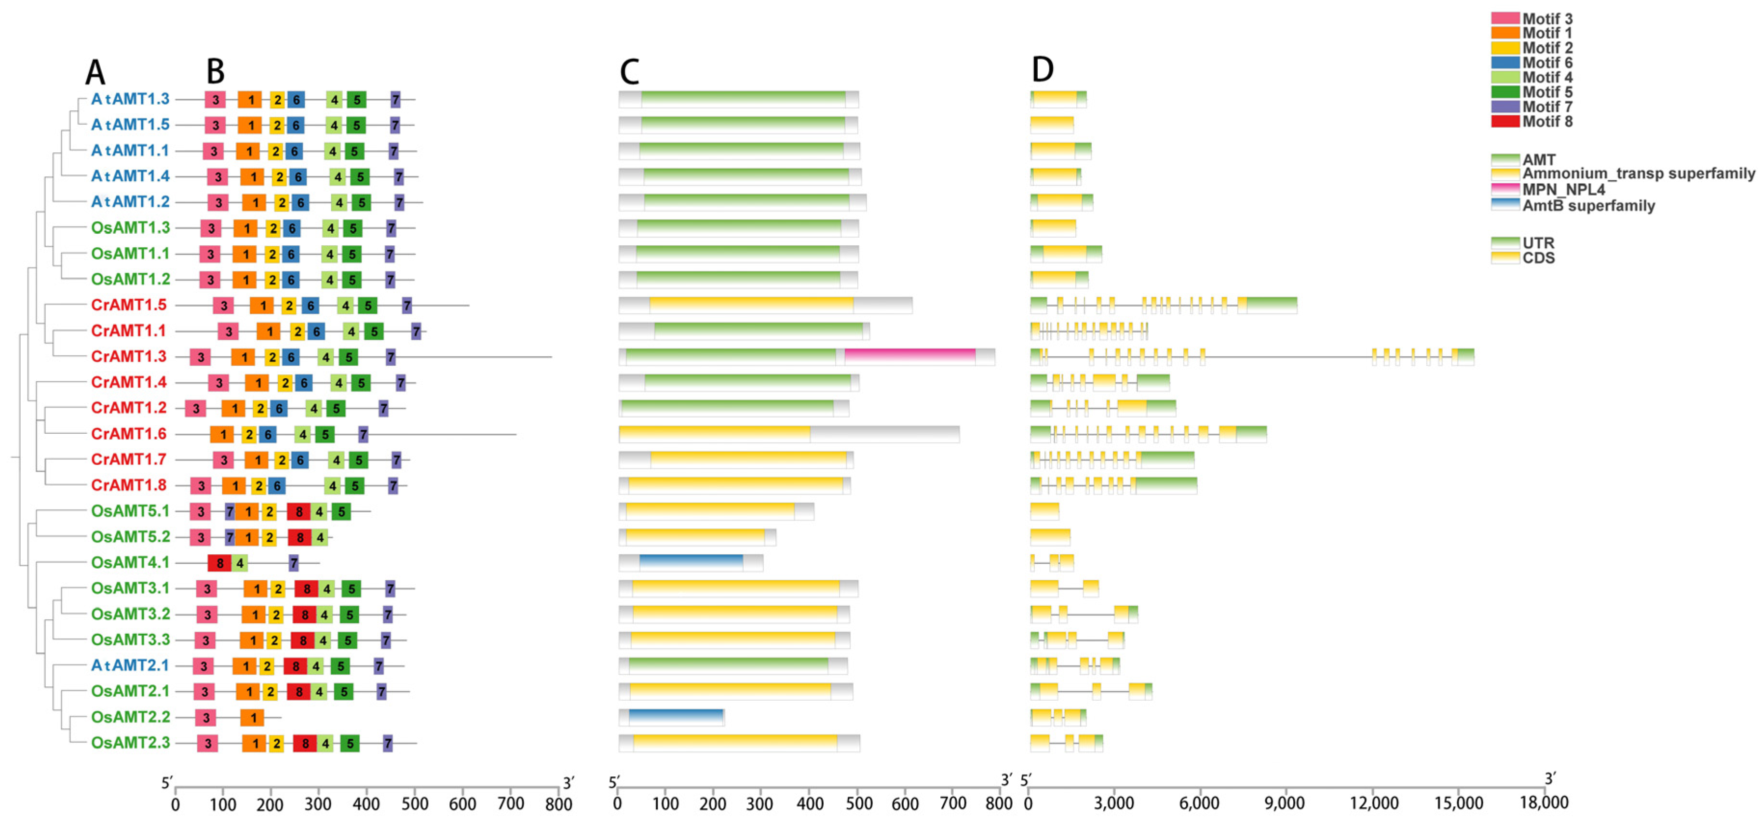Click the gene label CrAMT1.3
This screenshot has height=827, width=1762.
click(129, 356)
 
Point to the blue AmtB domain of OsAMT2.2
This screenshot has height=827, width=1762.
click(675, 717)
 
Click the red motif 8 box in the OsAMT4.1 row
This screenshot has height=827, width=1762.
click(219, 563)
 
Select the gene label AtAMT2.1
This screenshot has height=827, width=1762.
click(130, 665)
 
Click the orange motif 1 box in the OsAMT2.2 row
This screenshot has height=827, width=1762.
click(252, 718)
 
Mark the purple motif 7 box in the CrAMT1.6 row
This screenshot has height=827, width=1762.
click(363, 434)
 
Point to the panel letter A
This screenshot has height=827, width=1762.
click(95, 72)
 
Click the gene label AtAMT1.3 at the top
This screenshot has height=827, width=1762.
click(130, 99)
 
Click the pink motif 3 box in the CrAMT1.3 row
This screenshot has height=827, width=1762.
click(200, 357)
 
